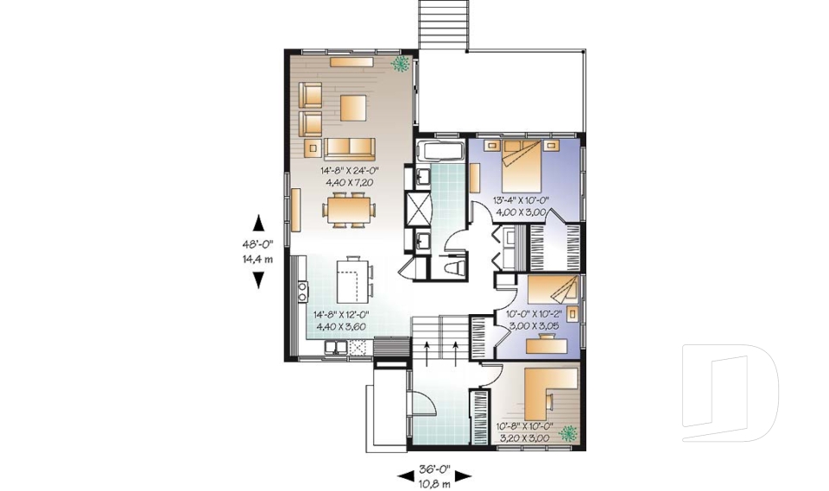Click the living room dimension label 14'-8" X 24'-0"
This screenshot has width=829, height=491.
(x=350, y=170)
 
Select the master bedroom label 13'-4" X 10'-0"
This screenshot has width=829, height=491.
(x=522, y=200)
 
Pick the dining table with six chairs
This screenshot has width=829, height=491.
(x=351, y=209)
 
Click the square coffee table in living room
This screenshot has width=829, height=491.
(x=352, y=108)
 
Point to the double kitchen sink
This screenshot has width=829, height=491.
(x=337, y=348)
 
